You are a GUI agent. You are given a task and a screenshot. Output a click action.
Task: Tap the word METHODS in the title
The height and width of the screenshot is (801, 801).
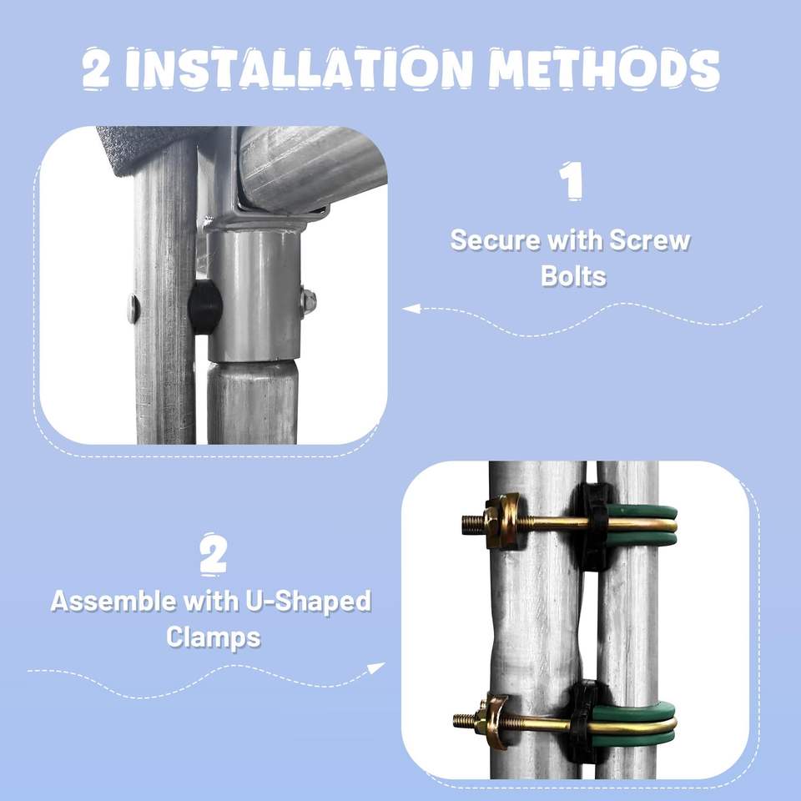604,67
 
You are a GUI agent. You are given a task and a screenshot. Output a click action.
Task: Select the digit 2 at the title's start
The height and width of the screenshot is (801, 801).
96,68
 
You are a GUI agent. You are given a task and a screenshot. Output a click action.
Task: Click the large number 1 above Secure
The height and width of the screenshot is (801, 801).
571,181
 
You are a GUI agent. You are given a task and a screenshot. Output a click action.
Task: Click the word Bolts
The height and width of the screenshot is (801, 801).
573,276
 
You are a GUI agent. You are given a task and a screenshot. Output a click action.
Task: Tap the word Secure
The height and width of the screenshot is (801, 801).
495,240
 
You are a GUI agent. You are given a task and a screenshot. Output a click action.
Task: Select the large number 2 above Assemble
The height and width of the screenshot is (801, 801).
213,554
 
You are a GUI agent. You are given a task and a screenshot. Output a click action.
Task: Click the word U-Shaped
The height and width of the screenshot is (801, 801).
309,602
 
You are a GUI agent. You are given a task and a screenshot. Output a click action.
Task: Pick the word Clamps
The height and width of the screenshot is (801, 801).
214,637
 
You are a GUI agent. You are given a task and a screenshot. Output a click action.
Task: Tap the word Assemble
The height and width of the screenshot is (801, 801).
114,602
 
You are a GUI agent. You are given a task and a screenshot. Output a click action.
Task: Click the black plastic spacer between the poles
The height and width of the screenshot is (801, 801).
205,307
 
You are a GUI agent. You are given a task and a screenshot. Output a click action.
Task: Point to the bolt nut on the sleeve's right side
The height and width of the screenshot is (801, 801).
308,301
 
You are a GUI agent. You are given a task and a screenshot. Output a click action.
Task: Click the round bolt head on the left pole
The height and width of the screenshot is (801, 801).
133,309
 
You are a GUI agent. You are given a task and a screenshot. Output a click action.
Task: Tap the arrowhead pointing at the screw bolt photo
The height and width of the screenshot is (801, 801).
411,309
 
